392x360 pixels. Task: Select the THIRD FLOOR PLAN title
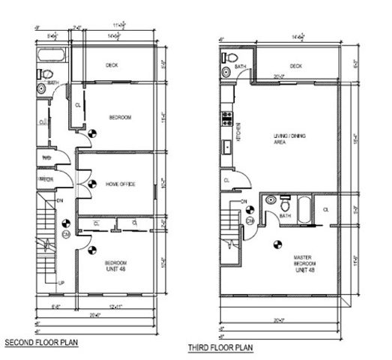click(x=220, y=347)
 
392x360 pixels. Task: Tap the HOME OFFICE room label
click(x=120, y=184)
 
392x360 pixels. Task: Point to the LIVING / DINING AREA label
click(x=289, y=138)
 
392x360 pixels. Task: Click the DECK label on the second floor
click(x=112, y=65)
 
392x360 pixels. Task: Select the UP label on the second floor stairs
click(x=61, y=283)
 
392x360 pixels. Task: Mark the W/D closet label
click(x=45, y=158)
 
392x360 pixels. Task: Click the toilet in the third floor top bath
click(x=232, y=58)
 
